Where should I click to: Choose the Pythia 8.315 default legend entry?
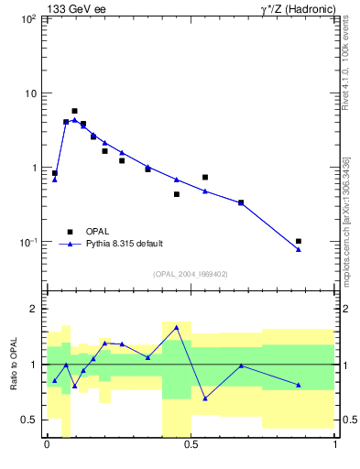[x=124, y=244]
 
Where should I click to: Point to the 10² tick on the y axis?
[x=27, y=19]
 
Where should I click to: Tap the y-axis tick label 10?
[x=29, y=93]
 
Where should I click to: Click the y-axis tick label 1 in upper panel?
[x=33, y=168]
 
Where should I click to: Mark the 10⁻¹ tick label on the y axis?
[x=27, y=242]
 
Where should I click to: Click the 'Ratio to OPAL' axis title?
[x=13, y=365]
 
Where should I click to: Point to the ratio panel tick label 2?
[x=34, y=310]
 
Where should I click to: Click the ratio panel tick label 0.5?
[x=28, y=420]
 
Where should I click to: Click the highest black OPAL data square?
[x=74, y=111]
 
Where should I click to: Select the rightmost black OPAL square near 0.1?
[x=299, y=241]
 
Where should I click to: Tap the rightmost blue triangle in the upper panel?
[x=299, y=249]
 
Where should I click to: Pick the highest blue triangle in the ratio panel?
[x=176, y=327]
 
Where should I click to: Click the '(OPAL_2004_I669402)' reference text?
[x=190, y=274]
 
